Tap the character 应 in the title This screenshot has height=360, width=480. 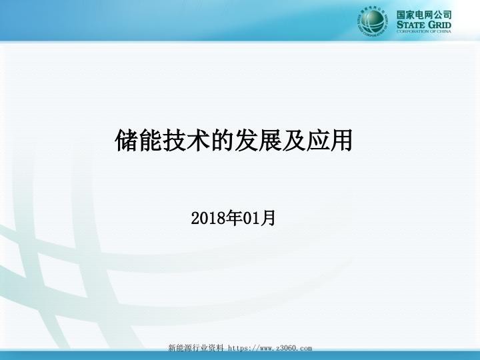coord(317,140)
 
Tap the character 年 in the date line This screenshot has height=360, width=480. coord(231,218)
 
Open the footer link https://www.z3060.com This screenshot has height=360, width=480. coord(270,348)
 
